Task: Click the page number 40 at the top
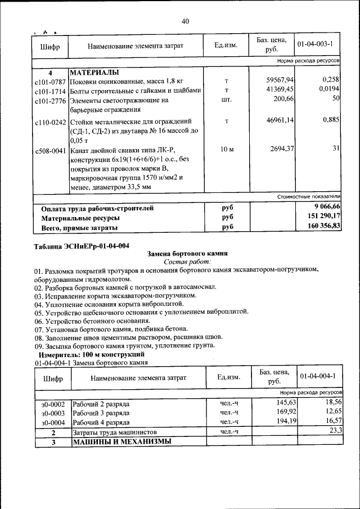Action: pyautogui.click(x=185, y=21)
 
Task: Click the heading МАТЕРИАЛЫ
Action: pyautogui.click(x=94, y=73)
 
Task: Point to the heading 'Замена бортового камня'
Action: pyautogui.click(x=186, y=254)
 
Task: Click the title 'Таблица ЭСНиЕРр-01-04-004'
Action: pyautogui.click(x=82, y=246)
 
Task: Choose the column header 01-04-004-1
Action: pyautogui.click(x=318, y=376)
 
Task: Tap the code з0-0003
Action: pyautogui.click(x=53, y=412)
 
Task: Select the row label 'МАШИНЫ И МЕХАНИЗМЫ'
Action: pyautogui.click(x=121, y=442)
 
